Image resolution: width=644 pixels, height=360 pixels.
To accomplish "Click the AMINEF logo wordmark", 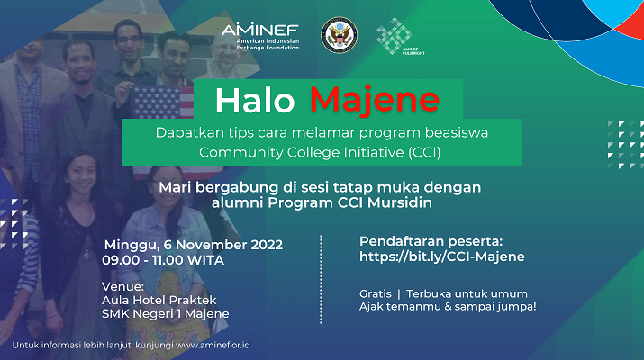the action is [260, 36].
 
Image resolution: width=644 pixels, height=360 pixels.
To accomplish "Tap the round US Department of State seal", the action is [339, 35].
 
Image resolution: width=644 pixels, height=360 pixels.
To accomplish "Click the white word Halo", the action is [255, 101].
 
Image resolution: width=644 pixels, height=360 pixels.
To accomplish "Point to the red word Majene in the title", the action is [375, 100].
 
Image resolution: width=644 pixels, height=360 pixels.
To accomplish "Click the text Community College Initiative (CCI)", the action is [320, 152].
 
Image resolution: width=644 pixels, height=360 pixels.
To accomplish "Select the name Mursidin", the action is [400, 202].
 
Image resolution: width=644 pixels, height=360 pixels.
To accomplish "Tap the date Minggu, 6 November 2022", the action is [194, 245].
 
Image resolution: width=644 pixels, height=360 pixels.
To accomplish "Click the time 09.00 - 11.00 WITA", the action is [163, 260].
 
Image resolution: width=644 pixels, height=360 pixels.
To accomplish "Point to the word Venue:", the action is [122, 286].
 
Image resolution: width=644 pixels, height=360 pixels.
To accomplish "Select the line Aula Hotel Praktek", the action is [159, 300].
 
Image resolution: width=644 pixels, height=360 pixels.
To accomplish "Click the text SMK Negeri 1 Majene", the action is [166, 313].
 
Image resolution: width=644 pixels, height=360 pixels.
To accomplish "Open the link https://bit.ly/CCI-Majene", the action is [442, 256].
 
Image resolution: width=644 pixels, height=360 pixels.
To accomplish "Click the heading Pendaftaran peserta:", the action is [431, 241].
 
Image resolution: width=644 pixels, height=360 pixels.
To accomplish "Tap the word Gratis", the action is [376, 294].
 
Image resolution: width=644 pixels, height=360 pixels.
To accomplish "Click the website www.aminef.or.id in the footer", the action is [213, 345].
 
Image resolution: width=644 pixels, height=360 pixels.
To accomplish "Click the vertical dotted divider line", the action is [321, 280].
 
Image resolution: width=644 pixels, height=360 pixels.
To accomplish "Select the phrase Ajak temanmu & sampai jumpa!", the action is [448, 307].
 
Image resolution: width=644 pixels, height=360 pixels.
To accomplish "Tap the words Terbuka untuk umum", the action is [467, 294].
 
